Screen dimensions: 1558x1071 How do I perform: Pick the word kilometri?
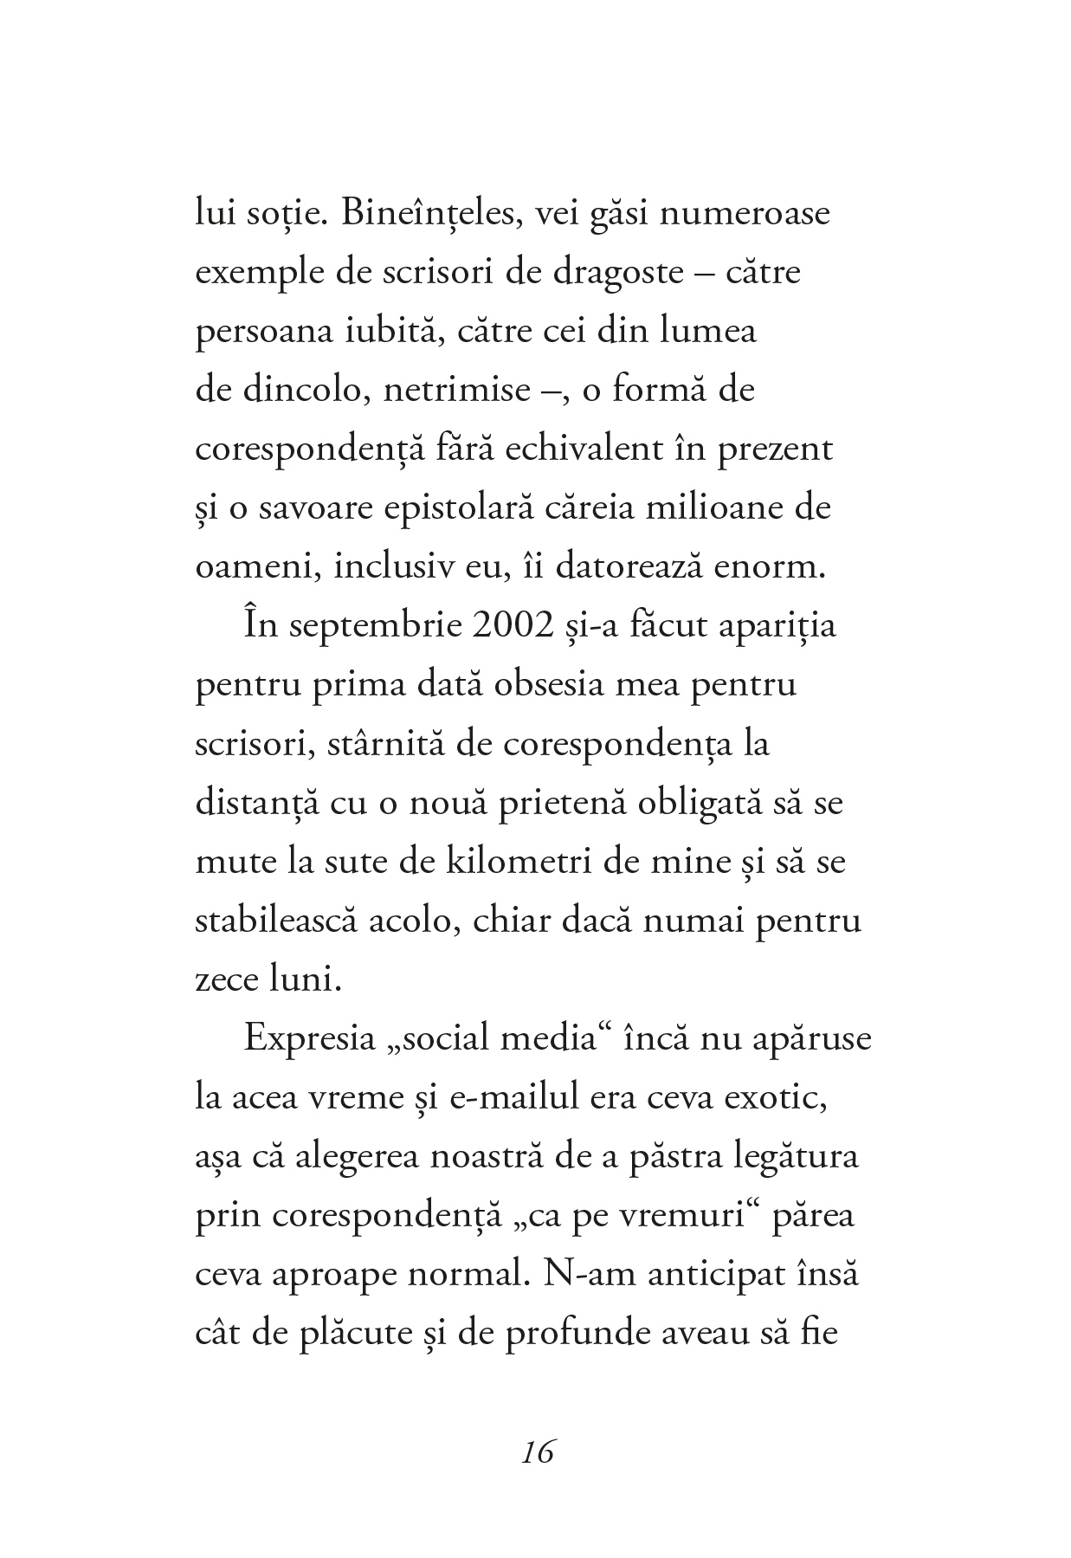click(547, 862)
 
